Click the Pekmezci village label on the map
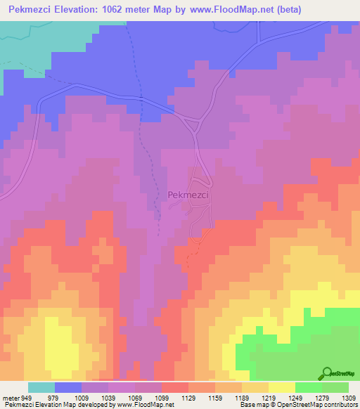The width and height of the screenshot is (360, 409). pyautogui.click(x=188, y=196)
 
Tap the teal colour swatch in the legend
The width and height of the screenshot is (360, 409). pyautogui.click(x=41, y=387)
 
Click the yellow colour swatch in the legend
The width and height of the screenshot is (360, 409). pyautogui.click(x=281, y=387)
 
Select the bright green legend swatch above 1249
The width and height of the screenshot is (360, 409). pyautogui.click(x=308, y=387)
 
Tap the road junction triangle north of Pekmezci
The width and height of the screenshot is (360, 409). pyautogui.click(x=191, y=126)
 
